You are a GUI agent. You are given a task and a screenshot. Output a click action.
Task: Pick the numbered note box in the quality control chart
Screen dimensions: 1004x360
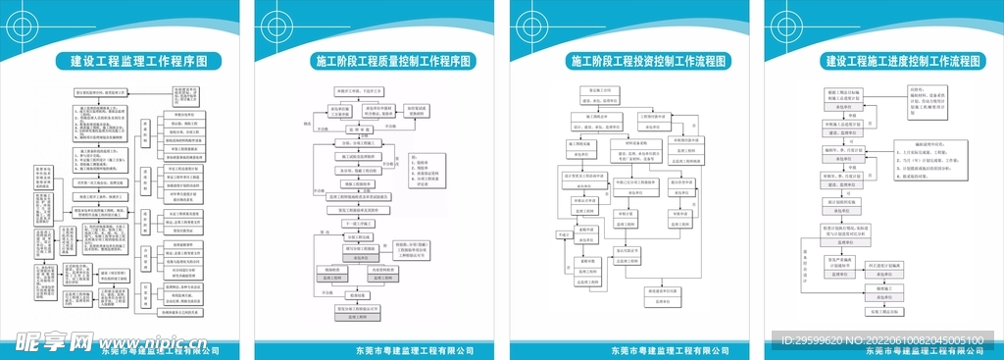pyautogui.click(x=410, y=173)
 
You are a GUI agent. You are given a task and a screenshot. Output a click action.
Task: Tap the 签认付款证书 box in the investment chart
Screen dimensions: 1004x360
pyautogui.click(x=628, y=251)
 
